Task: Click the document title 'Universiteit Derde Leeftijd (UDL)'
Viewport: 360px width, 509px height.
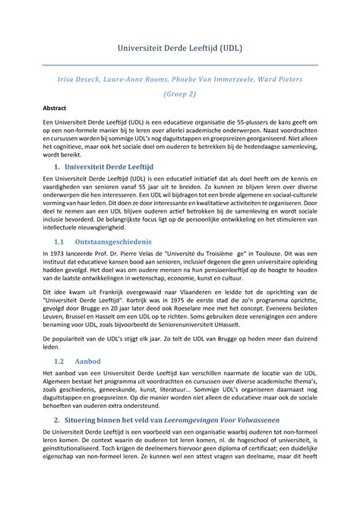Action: [179, 48]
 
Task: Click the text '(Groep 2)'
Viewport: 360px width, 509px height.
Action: [179, 96]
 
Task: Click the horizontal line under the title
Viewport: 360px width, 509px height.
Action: [179, 65]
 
